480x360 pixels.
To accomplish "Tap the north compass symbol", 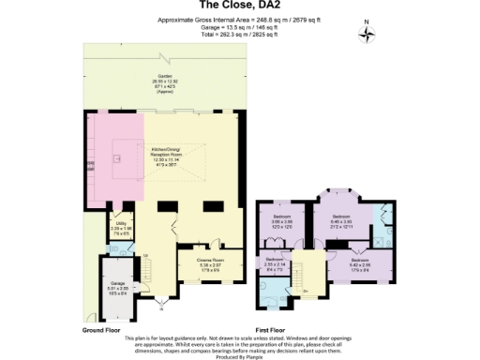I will pyautogui.click(x=367, y=36).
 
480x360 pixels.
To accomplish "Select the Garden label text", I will pyautogui.click(x=164, y=82).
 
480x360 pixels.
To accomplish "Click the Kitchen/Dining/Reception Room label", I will pyautogui.click(x=164, y=156).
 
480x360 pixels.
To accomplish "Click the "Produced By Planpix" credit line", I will pyautogui.click(x=239, y=357).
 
